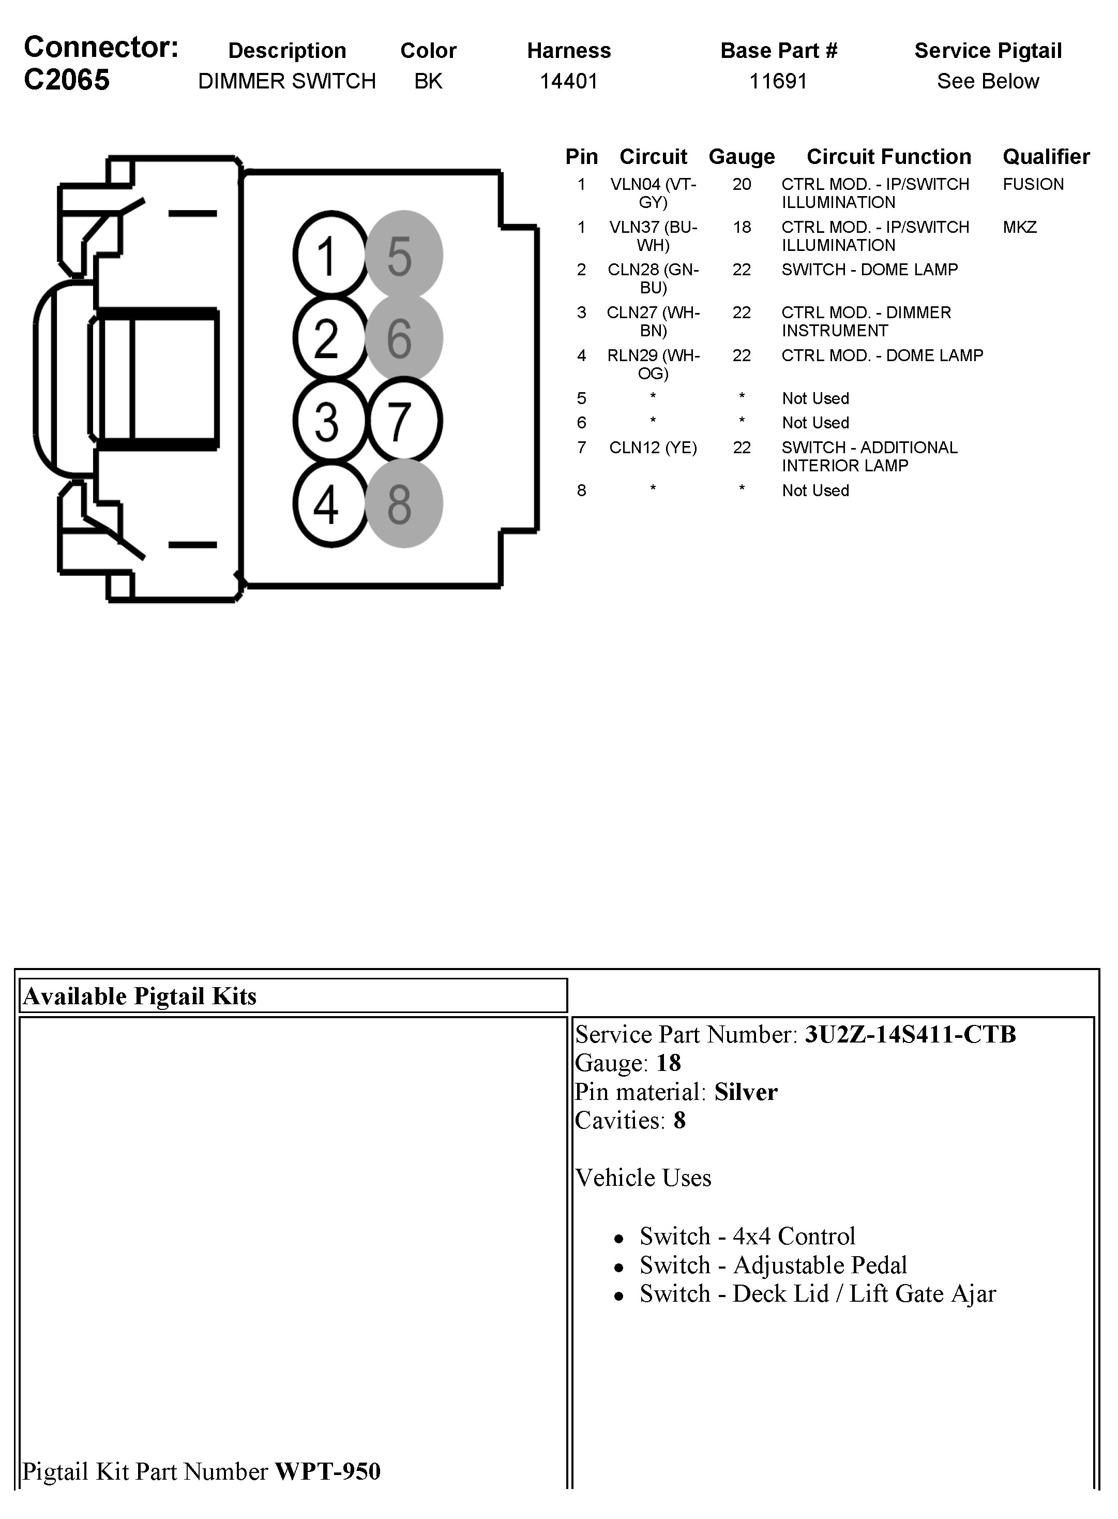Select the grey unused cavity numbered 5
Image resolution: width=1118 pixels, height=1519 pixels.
pos(403,255)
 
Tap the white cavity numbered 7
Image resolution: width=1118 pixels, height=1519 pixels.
pos(404,421)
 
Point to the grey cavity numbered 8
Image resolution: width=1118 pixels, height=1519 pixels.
pos(403,503)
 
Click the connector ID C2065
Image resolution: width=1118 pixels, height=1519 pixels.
pos(66,80)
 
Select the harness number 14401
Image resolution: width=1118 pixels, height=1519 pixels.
pos(568,81)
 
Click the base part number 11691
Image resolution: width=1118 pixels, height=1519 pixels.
pos(778,81)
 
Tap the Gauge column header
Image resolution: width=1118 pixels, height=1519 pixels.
pos(741,156)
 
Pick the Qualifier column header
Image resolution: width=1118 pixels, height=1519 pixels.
pos(1046,156)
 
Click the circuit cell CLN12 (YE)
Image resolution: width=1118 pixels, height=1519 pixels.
pos(653,448)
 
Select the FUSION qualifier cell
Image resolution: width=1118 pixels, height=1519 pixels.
pos(1033,184)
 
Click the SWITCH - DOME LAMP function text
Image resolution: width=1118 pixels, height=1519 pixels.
pos(870,270)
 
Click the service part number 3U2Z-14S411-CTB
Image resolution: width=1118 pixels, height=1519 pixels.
pos(910,1034)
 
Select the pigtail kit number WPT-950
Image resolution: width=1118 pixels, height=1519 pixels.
pos(327,1471)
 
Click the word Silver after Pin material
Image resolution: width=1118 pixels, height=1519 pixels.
pos(745,1092)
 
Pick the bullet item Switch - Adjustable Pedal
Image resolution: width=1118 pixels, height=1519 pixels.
pos(773,1264)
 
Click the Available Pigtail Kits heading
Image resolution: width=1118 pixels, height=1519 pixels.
pos(140,996)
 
